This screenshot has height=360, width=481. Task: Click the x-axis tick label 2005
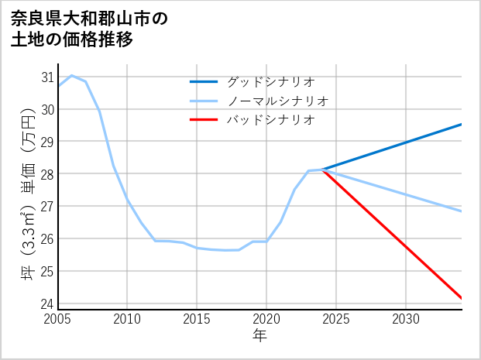57,319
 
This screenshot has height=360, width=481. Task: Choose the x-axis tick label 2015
197,319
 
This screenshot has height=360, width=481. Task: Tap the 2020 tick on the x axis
266,319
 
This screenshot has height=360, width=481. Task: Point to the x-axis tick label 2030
406,319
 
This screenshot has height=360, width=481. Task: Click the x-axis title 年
259,335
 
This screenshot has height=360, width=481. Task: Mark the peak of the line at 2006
72,75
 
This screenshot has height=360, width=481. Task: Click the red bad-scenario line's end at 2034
462,298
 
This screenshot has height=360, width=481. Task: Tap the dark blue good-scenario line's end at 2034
462,124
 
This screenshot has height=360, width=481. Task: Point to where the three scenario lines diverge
323,170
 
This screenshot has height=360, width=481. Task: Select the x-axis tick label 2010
127,319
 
